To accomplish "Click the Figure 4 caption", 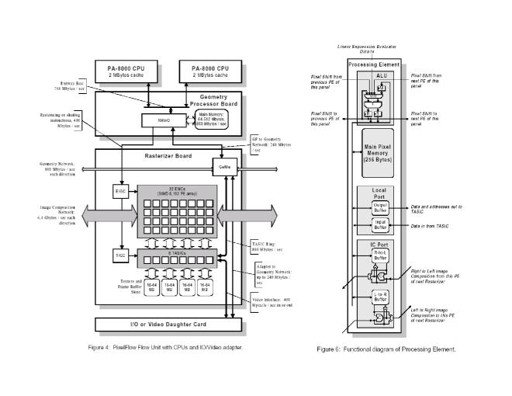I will click(167, 346).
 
